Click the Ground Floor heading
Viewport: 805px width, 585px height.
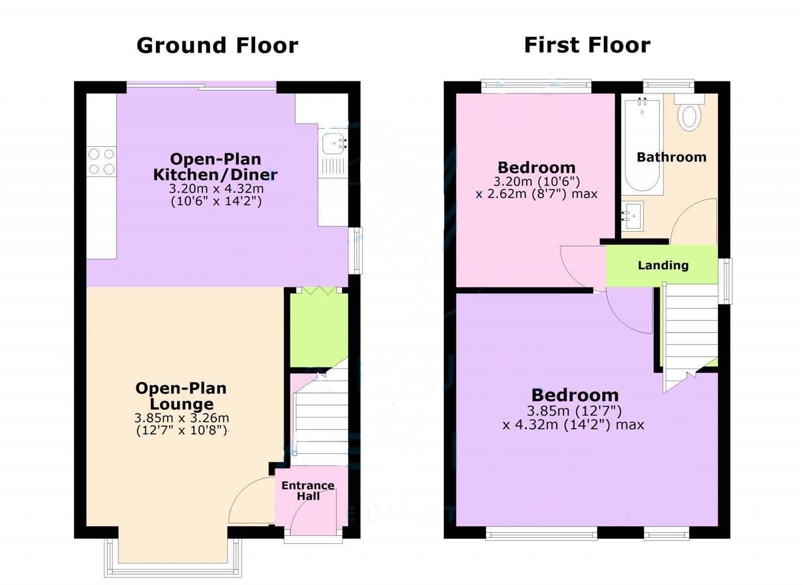pyautogui.click(x=217, y=45)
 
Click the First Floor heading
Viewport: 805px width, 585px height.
pyautogui.click(x=587, y=45)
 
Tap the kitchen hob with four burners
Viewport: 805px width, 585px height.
pyautogui.click(x=101, y=161)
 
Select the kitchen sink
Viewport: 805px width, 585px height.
pyautogui.click(x=333, y=144)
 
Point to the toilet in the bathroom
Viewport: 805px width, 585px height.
pyautogui.click(x=689, y=114)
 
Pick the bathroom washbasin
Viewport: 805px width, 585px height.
pyautogui.click(x=632, y=216)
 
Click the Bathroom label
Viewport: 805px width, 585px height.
pyautogui.click(x=671, y=158)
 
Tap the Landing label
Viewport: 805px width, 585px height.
pyautogui.click(x=662, y=265)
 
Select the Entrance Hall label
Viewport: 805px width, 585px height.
pyautogui.click(x=307, y=491)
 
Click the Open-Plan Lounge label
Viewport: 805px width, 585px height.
pyautogui.click(x=181, y=396)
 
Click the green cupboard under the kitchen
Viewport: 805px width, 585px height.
pyautogui.click(x=319, y=329)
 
